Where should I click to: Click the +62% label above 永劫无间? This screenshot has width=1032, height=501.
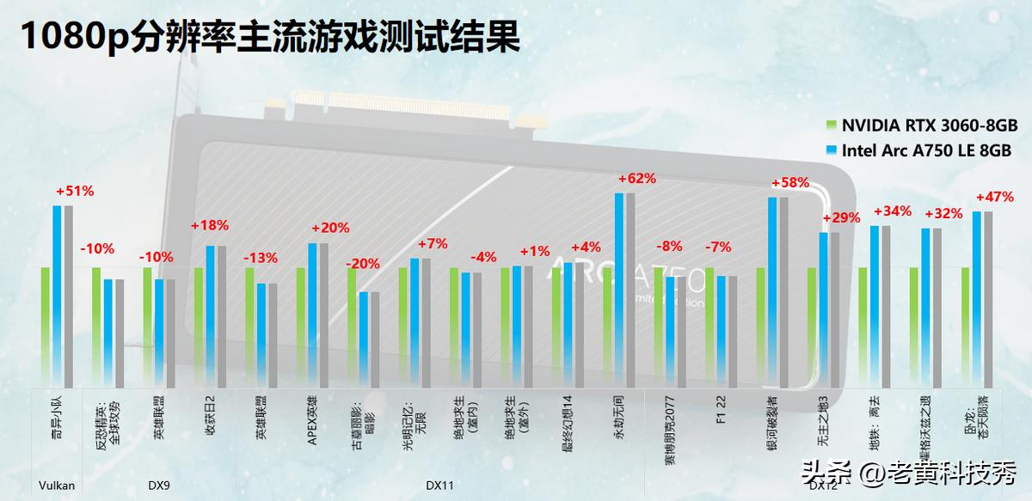(637, 179)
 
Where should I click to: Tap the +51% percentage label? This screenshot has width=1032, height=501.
(74, 191)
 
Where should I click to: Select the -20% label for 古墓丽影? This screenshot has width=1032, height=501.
(362, 264)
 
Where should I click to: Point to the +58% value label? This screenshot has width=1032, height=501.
(790, 183)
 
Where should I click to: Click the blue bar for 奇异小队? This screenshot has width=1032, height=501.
(58, 296)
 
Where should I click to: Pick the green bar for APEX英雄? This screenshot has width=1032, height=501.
(301, 327)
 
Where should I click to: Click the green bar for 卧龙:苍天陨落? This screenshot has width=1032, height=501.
(966, 327)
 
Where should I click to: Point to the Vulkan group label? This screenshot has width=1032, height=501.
(57, 486)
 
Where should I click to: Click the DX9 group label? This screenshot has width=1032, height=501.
(158, 486)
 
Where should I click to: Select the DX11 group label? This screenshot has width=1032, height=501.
(439, 486)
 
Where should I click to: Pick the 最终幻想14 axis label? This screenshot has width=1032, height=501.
(568, 423)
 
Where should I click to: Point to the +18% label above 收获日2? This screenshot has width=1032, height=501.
(210, 226)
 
